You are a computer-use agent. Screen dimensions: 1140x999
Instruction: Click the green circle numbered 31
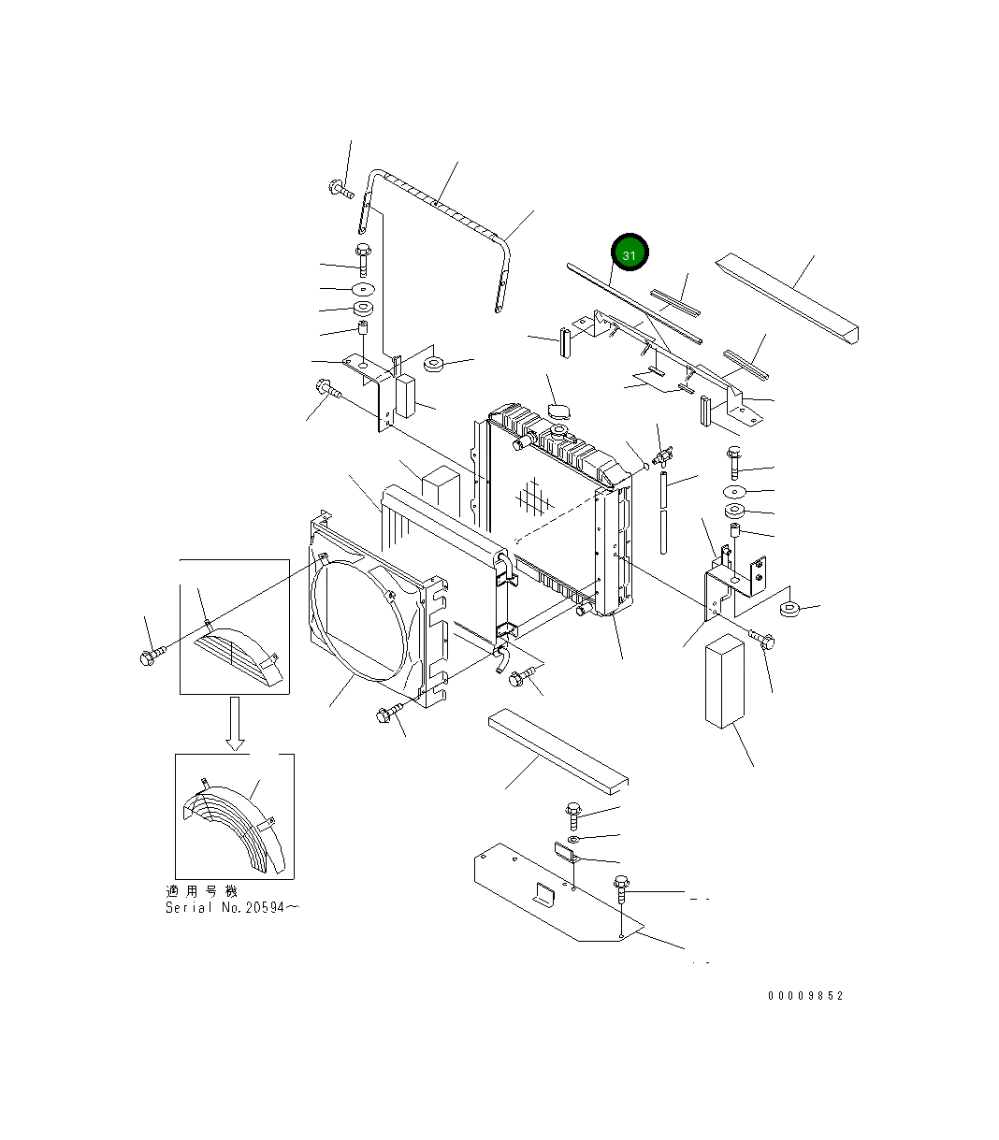630,254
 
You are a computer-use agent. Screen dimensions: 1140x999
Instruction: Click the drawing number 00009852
805,996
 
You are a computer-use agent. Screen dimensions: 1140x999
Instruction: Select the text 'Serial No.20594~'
232,908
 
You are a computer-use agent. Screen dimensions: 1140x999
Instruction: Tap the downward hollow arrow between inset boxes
235,724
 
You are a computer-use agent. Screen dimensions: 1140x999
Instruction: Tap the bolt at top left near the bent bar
340,191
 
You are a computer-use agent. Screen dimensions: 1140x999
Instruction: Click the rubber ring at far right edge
790,611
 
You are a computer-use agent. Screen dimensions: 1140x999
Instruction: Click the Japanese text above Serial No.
201,891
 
